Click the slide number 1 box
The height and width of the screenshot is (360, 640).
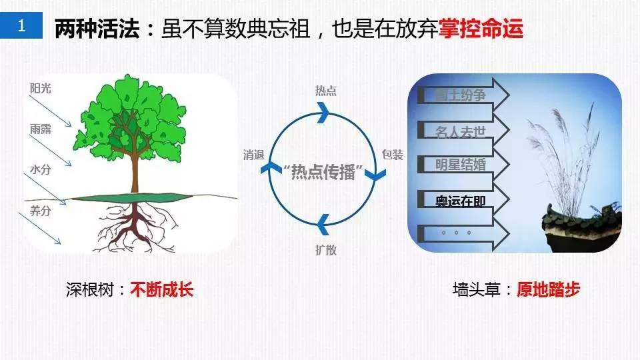click(23, 27)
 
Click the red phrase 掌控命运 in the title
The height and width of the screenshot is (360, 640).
click(481, 29)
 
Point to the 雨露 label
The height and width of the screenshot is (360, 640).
click(40, 129)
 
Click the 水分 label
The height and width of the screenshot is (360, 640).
click(40, 170)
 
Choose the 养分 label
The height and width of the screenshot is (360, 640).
click(40, 211)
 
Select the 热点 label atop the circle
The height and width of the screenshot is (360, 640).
click(325, 91)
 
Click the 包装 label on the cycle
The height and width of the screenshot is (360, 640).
click(393, 155)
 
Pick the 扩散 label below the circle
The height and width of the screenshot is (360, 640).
click(325, 250)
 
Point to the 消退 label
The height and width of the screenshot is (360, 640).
click(254, 155)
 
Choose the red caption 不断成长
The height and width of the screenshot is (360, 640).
click(162, 289)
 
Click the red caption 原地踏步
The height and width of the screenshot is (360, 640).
click(548, 289)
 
